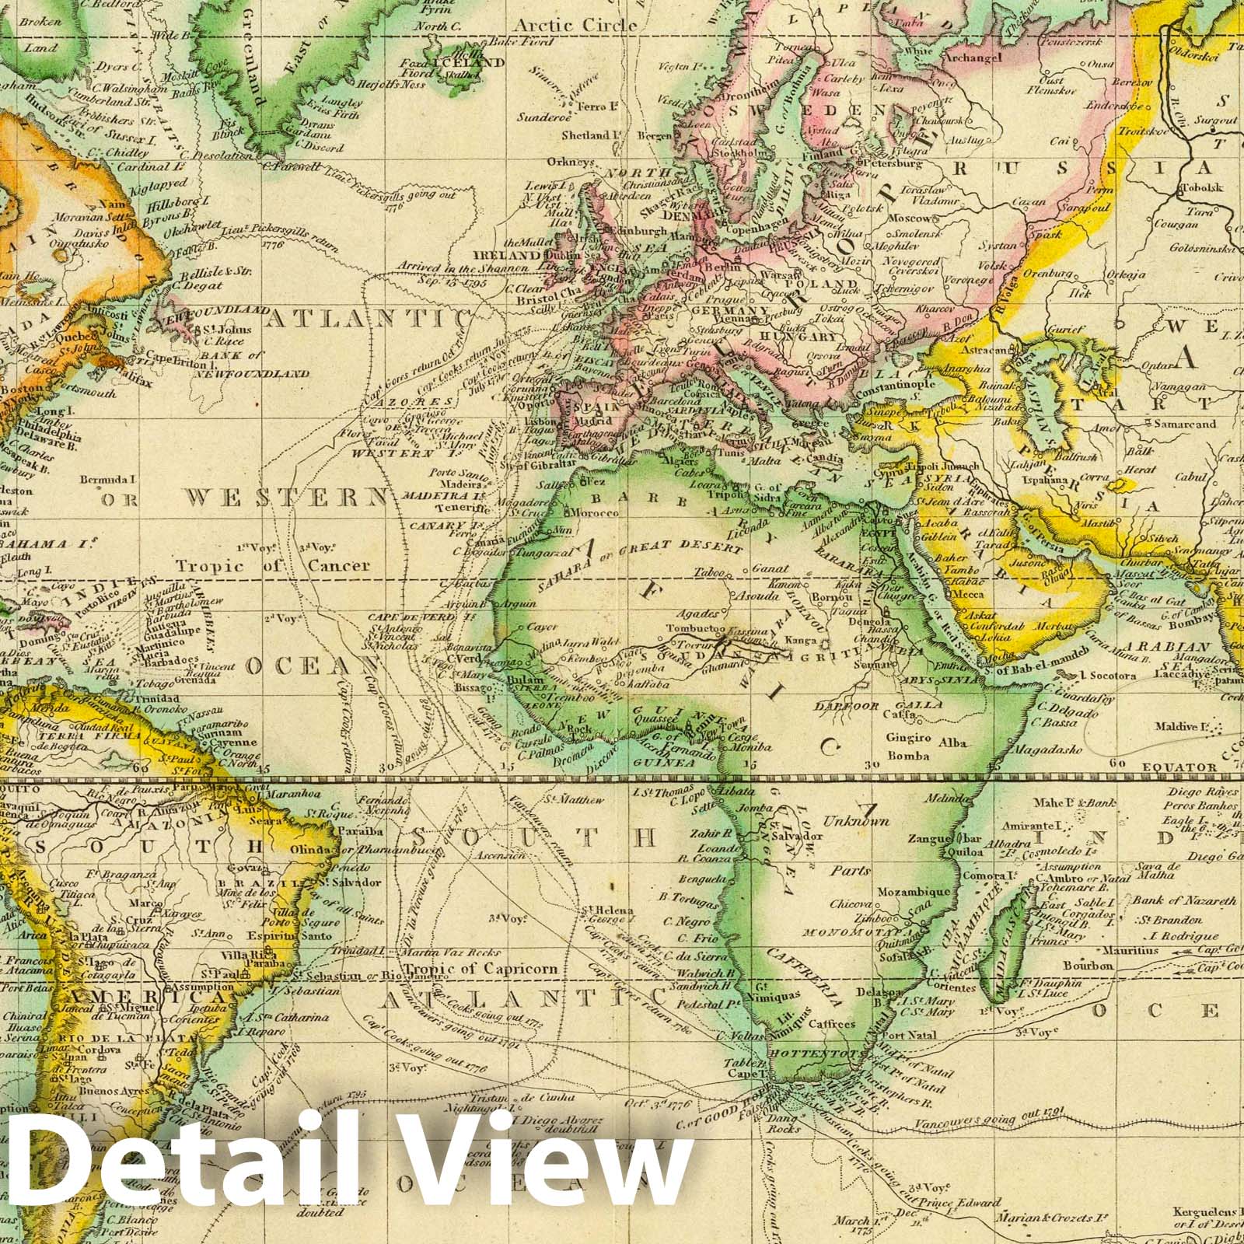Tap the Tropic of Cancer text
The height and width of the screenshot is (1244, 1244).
(x=272, y=565)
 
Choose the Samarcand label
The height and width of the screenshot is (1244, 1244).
(x=1184, y=425)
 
